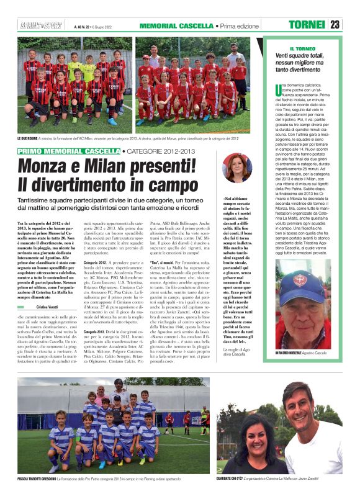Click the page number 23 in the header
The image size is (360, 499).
[335, 25]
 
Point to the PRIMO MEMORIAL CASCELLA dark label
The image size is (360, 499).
[68, 151]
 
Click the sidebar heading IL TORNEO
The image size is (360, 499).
[302, 48]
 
